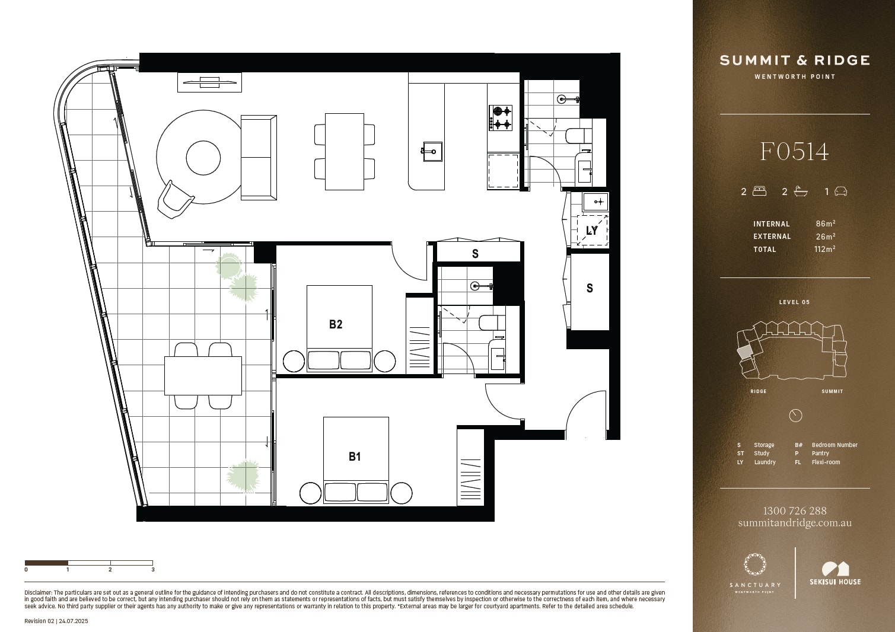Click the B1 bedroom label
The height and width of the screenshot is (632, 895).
tap(355, 457)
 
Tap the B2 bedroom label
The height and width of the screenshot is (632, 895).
tap(336, 324)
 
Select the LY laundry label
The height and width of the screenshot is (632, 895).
tap(592, 231)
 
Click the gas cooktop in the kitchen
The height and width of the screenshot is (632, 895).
tap(501, 118)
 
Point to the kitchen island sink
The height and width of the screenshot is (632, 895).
tap(432, 151)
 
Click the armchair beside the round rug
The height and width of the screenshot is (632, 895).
tap(175, 199)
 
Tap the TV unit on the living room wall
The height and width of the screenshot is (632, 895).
tap(210, 82)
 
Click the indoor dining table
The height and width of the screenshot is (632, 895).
tap(345, 152)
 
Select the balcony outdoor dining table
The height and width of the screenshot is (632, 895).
tap(203, 375)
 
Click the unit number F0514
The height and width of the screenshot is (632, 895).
tap(794, 152)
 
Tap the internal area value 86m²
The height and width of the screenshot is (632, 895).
tap(826, 224)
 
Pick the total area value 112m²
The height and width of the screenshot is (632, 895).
tap(824, 249)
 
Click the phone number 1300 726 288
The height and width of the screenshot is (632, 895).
tap(795, 510)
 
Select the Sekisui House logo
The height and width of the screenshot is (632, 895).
tap(835, 574)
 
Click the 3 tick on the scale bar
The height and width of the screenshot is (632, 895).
tap(153, 570)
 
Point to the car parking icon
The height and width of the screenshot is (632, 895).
tap(840, 191)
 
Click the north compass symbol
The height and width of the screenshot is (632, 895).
tap(795, 416)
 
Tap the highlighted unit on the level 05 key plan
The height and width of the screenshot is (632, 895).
tap(744, 353)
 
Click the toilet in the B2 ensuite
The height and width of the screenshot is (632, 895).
tap(488, 323)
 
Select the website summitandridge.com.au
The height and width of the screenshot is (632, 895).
tap(795, 522)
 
